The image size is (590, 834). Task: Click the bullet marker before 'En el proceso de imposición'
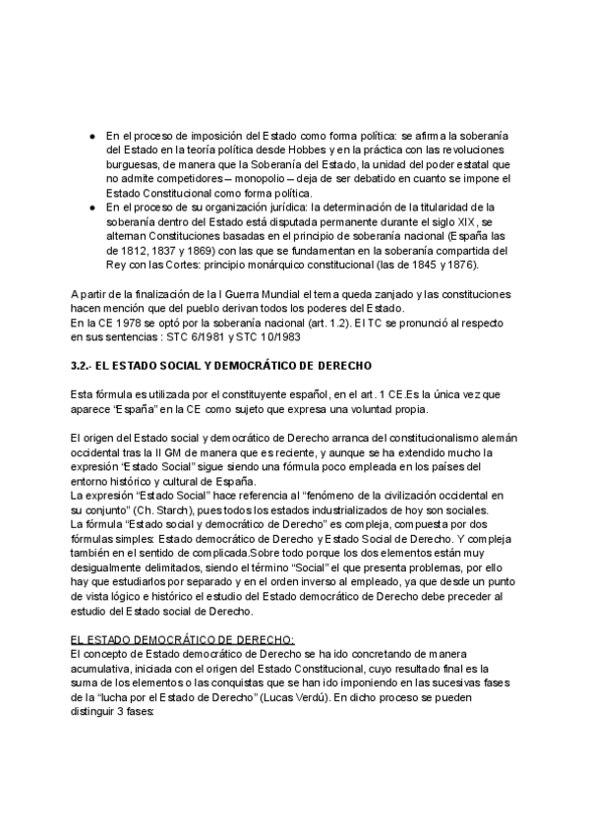[91, 135]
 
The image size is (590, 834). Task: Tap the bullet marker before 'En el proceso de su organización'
[91, 208]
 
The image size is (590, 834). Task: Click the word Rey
[116, 265]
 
